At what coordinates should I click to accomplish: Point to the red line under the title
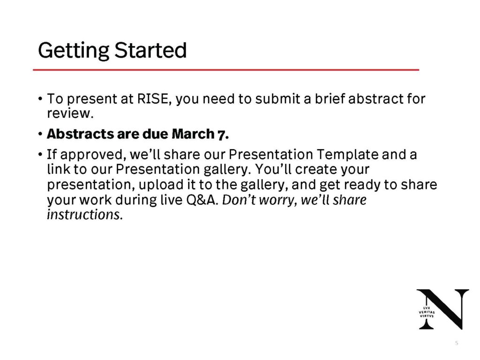(x=225, y=70)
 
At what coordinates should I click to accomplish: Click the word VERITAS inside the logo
(x=427, y=312)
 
